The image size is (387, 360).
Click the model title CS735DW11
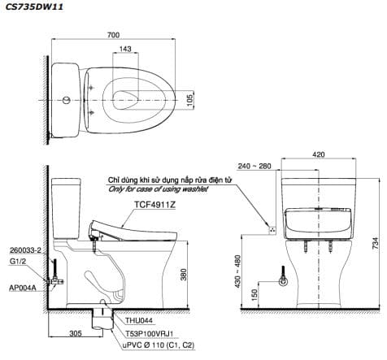click(34, 7)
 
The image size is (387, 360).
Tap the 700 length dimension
click(113, 35)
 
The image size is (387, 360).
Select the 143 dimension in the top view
click(125, 49)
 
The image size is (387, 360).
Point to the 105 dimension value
click(190, 100)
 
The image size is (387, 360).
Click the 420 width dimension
click(319, 154)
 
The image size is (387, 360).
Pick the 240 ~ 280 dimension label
click(254, 166)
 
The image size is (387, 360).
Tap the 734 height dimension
click(375, 243)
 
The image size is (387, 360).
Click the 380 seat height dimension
click(184, 275)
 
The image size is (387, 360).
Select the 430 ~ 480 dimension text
click(237, 271)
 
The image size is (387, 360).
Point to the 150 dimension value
click(254, 295)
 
